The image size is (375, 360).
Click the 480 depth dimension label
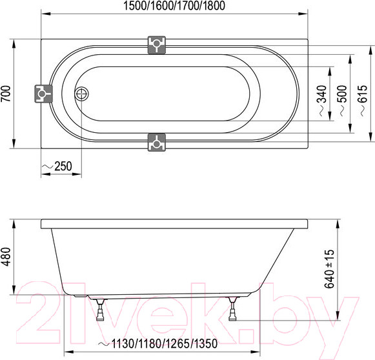click(6, 256)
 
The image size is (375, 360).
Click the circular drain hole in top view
click(81, 94)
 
